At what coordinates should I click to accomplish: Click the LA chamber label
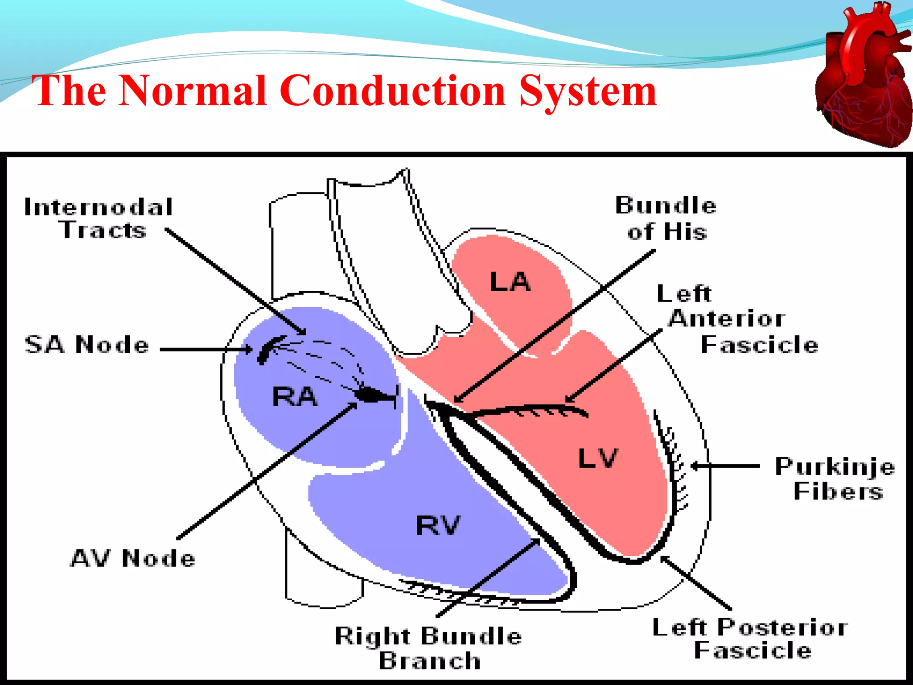(510, 282)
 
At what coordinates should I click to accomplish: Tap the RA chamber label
(295, 396)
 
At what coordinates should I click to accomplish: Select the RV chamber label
(438, 525)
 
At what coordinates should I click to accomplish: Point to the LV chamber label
(598, 458)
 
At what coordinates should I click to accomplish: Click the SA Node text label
(87, 345)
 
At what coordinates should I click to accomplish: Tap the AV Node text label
(133, 558)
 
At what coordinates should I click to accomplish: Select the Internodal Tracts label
(99, 219)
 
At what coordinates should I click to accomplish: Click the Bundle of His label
(666, 219)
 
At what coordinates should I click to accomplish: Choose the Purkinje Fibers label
(835, 479)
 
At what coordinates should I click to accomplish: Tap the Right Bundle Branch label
(429, 648)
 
